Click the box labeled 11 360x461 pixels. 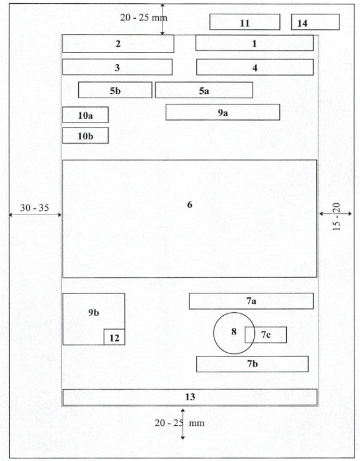click(x=245, y=22)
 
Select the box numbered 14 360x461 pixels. click(x=316, y=22)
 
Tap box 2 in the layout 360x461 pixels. click(x=118, y=44)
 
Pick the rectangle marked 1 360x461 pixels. click(x=254, y=43)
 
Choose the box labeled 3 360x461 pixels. click(x=117, y=67)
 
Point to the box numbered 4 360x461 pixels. click(x=255, y=67)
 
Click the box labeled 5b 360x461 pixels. click(x=115, y=90)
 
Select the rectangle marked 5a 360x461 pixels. click(x=204, y=90)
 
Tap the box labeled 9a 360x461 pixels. click(x=222, y=113)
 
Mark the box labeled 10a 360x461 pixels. click(x=86, y=114)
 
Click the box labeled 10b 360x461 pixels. click(x=86, y=136)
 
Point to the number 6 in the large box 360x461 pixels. click(x=190, y=205)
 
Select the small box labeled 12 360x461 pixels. click(x=114, y=337)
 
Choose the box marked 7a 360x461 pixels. click(x=251, y=301)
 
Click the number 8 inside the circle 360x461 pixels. click(x=234, y=332)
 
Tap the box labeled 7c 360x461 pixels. click(x=266, y=335)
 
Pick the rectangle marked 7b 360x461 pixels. click(x=252, y=364)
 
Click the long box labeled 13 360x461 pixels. click(x=190, y=397)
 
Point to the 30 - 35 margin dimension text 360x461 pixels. click(x=34, y=208)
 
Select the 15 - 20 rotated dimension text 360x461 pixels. click(x=337, y=216)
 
